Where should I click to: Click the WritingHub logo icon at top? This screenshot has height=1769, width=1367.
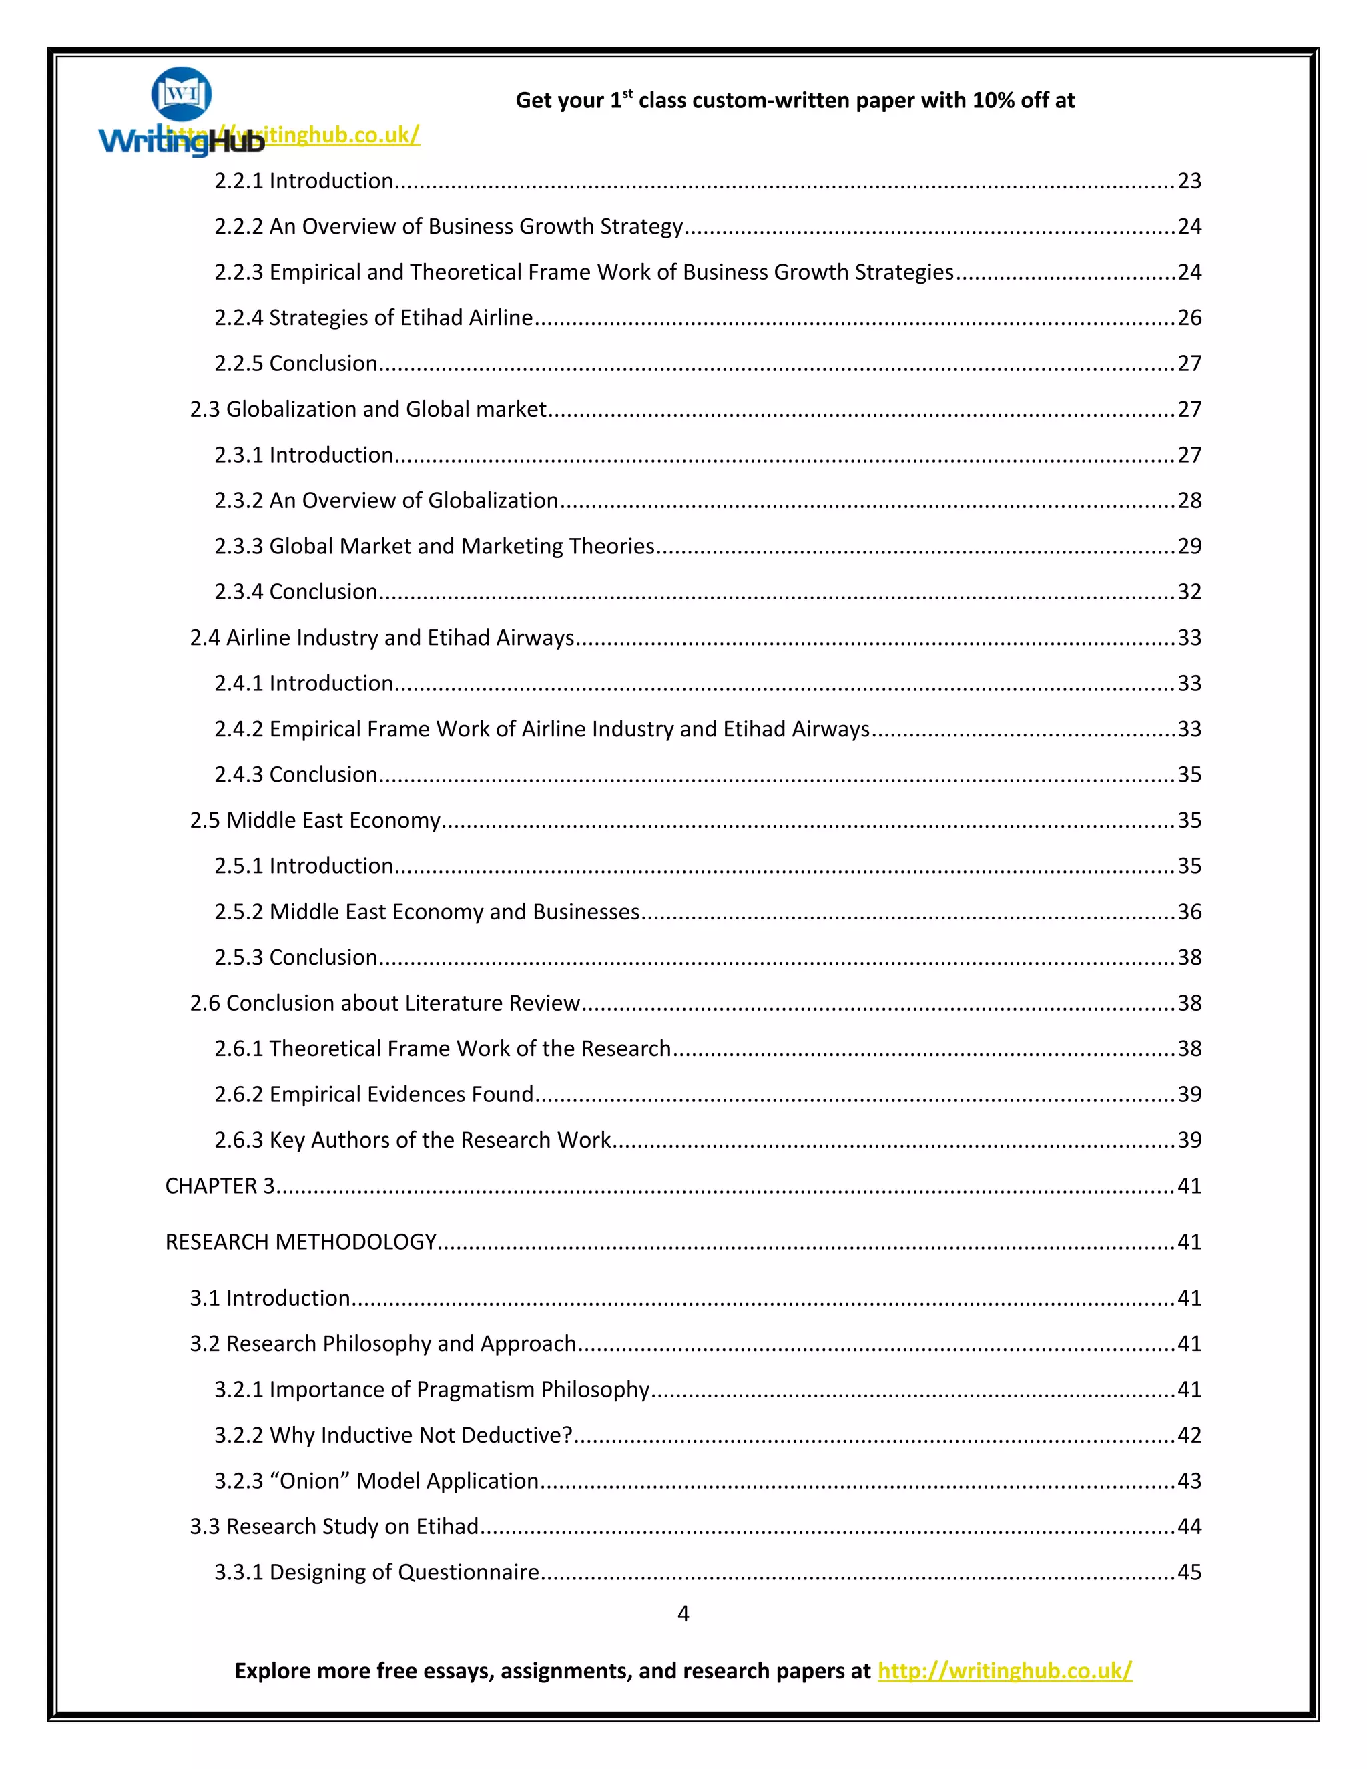pos(182,95)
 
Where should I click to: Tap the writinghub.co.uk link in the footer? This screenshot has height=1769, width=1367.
pos(1004,1670)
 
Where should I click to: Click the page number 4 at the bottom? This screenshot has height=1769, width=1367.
pos(683,1613)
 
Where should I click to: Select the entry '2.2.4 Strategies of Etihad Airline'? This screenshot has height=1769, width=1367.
pos(373,318)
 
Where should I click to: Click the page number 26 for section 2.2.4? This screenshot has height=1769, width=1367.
pos(1189,318)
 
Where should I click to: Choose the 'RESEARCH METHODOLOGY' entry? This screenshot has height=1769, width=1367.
pos(300,1242)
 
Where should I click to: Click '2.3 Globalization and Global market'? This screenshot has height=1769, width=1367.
pos(368,409)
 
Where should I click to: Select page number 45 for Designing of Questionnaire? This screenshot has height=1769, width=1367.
pos(1189,1572)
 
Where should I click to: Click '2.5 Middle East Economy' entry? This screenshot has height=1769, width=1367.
pos(315,820)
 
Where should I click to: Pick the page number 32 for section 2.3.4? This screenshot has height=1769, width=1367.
pos(1189,592)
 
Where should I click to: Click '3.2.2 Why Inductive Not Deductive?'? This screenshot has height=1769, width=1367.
pos(392,1435)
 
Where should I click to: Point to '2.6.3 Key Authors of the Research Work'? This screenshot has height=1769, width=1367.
pos(413,1140)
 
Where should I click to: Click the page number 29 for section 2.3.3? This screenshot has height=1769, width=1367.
pos(1189,547)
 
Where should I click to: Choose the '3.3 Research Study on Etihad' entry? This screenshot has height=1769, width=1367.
pos(334,1527)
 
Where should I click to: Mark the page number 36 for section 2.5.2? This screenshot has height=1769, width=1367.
pos(1189,912)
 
